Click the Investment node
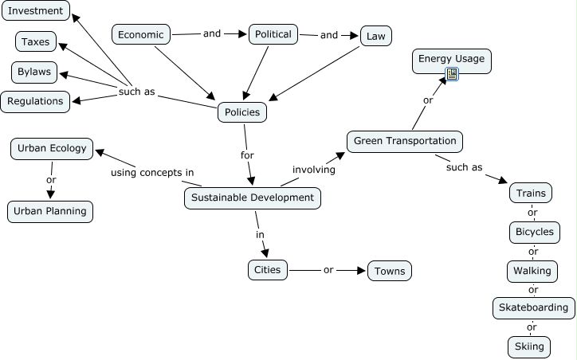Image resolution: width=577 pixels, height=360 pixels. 35,11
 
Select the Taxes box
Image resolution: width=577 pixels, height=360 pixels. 35,41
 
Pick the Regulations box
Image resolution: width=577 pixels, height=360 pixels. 35,101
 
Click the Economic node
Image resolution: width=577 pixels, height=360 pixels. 141,34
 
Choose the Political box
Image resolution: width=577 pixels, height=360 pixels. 273,34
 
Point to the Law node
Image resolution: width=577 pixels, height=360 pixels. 376,35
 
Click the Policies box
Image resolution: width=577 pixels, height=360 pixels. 242,112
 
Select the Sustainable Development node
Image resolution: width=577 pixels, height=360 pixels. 253,198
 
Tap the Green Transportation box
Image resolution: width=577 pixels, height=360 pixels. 405,141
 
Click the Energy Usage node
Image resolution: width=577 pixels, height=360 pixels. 452,58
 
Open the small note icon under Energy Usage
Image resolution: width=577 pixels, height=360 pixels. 452,74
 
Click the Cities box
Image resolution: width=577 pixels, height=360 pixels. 268,269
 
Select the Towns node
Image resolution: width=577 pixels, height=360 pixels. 390,271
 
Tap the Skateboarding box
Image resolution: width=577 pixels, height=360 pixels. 533,307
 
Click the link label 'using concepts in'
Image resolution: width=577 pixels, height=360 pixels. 152,173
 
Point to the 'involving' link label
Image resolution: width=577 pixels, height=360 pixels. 314,169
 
